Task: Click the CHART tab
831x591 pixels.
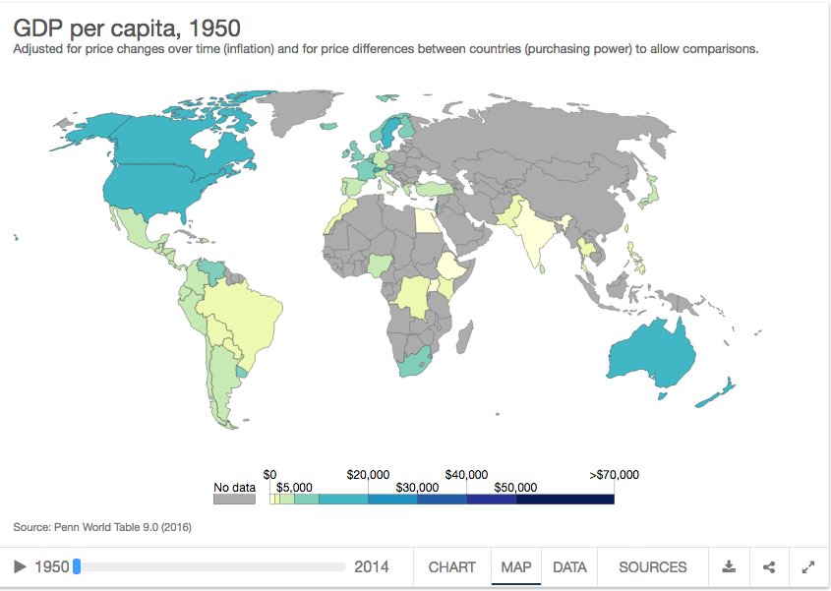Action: tap(451, 567)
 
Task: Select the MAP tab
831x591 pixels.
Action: tap(515, 567)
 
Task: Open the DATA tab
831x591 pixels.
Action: tap(569, 567)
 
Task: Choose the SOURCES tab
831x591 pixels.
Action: tap(652, 567)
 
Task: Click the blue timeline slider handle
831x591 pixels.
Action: tap(77, 566)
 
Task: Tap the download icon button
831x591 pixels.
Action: tap(729, 567)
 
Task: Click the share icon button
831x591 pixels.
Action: tap(769, 567)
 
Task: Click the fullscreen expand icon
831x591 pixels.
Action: tap(808, 567)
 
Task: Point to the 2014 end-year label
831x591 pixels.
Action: tap(371, 567)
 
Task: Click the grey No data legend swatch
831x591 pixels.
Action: tap(234, 499)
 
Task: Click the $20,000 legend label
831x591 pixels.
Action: tap(369, 474)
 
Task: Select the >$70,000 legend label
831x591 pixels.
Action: tap(614, 474)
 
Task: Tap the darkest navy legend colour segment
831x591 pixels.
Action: tap(564, 499)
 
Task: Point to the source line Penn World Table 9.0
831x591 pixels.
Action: tap(102, 527)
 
